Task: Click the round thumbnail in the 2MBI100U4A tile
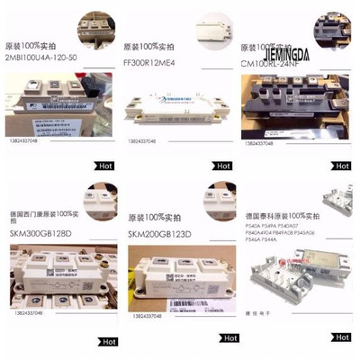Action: click(x=94, y=23)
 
